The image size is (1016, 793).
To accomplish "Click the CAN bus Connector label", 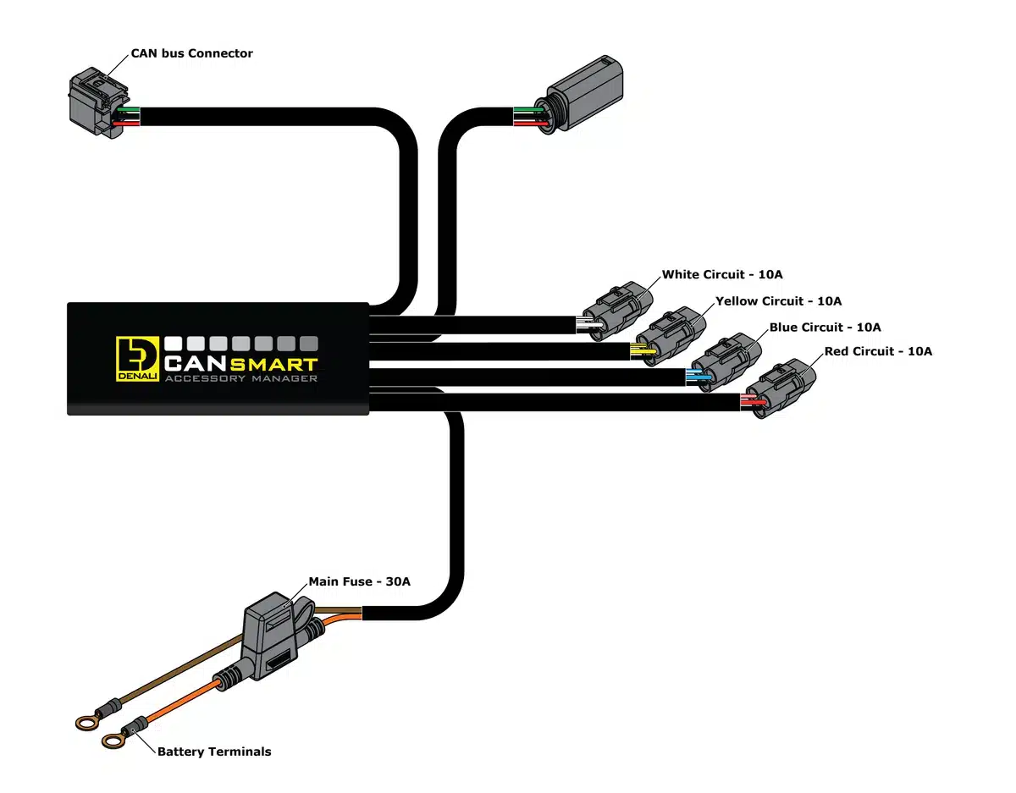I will [x=191, y=53].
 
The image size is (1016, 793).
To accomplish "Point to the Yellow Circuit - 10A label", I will [x=779, y=300].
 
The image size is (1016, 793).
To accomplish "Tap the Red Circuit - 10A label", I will [x=878, y=351].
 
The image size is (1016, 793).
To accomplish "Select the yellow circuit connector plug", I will [x=672, y=337].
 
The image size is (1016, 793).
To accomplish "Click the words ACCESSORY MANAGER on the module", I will [x=241, y=379].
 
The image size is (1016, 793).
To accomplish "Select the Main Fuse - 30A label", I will [x=360, y=581].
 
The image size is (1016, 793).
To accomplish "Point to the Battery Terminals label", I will [x=214, y=752].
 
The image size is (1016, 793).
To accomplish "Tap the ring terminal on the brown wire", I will [x=85, y=722].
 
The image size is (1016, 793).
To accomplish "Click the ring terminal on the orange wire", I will [x=113, y=741].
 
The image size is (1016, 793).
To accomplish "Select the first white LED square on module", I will [x=174, y=344].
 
